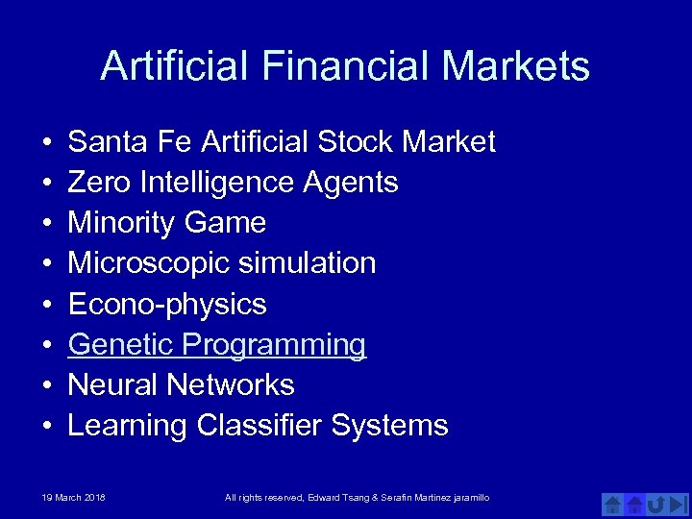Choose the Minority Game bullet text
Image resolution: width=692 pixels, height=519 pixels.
(167, 223)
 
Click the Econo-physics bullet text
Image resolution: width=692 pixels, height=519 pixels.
(167, 305)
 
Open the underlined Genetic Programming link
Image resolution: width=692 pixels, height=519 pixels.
(217, 345)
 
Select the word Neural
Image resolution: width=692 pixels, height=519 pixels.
(112, 385)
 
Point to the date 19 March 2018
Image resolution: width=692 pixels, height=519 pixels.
(74, 497)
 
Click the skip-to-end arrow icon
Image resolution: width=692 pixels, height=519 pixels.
(679, 504)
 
